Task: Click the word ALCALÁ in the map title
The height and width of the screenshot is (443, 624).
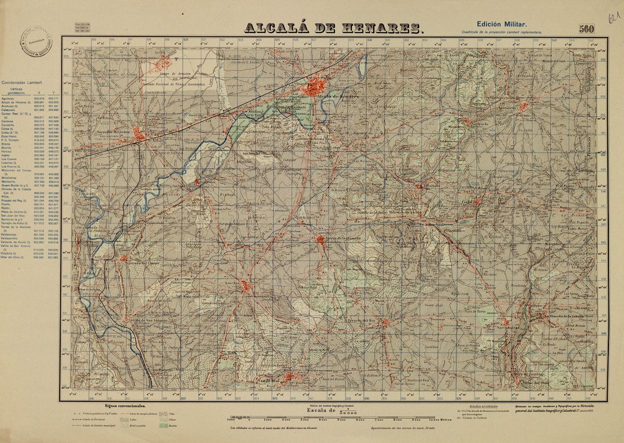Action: (x=272, y=28)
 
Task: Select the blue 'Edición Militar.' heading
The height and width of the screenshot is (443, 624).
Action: (x=501, y=24)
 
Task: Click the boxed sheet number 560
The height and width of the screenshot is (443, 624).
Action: (x=587, y=29)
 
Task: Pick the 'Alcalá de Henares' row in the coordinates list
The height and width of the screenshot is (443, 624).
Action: (x=29, y=102)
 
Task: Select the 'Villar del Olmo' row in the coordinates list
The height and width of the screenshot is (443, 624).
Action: (x=29, y=258)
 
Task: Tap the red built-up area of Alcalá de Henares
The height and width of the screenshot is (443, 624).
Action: (x=315, y=88)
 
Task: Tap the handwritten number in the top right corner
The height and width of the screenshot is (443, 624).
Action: (x=612, y=17)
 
